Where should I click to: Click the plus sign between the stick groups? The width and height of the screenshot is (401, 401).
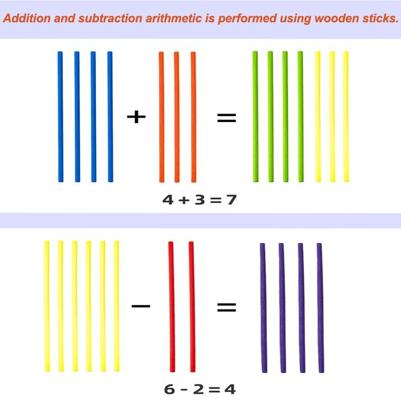pos(136,117)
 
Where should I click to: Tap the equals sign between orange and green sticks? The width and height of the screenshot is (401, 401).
pos(226,117)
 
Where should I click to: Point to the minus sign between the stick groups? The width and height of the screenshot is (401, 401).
pos(141,305)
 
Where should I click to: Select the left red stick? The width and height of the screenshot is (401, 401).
pos(171,307)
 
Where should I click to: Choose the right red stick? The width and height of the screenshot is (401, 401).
pos(192,307)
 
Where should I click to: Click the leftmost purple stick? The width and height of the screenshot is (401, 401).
pos(262,308)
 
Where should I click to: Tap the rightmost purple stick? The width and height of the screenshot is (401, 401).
pos(320,308)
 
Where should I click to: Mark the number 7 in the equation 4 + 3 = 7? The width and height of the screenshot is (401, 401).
pos(231,199)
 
